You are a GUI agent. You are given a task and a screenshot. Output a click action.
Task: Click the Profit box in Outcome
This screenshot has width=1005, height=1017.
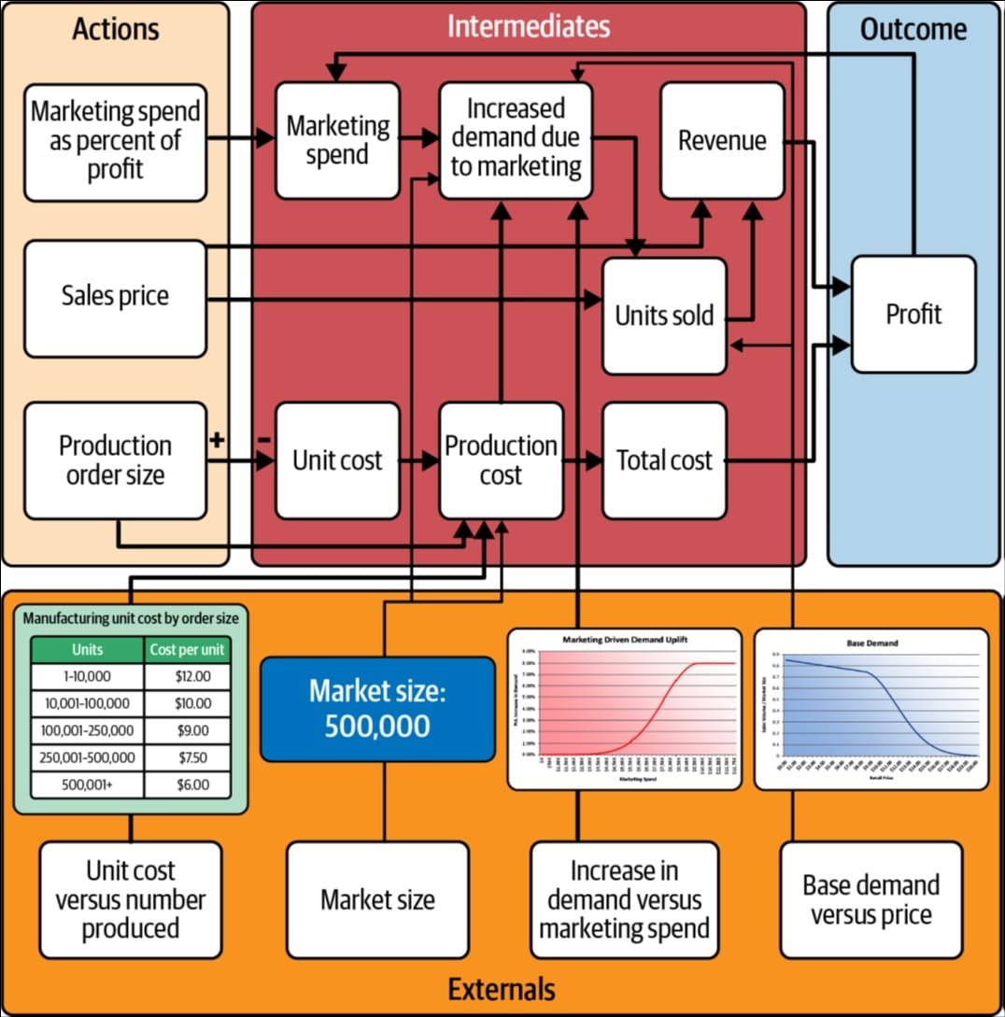[913, 314]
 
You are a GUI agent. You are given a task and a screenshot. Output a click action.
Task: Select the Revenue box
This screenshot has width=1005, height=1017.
[721, 140]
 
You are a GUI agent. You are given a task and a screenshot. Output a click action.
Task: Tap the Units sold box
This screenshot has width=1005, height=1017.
[663, 316]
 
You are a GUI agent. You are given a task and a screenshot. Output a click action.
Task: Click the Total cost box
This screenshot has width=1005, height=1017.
[663, 460]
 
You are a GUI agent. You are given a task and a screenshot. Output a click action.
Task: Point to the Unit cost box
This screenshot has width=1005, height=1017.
[337, 460]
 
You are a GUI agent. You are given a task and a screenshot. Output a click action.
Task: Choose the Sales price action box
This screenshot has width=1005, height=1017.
[115, 298]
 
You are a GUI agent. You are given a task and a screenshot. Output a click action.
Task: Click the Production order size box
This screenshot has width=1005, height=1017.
[115, 460]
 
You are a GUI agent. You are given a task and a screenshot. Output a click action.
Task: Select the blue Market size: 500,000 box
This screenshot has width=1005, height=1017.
[377, 709]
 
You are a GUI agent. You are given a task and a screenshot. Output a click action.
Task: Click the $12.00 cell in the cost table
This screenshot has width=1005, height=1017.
[191, 676]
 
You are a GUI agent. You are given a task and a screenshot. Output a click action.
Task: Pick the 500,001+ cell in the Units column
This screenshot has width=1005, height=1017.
[88, 784]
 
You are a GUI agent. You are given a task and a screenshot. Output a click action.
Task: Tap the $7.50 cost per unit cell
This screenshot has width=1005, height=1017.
[191, 757]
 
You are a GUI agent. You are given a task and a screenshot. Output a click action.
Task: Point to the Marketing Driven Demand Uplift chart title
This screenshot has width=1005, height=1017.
[624, 640]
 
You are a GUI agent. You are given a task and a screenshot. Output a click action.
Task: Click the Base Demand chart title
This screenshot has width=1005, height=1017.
[871, 643]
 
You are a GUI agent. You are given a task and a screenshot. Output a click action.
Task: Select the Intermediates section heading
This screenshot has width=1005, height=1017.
[528, 26]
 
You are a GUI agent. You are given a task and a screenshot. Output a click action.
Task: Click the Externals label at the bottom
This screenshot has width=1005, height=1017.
[502, 989]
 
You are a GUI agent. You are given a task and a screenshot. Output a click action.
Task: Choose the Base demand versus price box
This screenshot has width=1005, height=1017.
[871, 899]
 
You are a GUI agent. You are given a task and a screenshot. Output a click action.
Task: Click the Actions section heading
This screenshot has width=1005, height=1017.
[115, 28]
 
